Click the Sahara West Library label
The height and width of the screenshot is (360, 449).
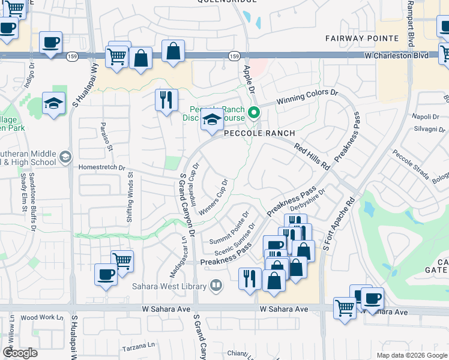pos(169,287)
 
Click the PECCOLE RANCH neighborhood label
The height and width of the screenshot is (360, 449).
pos(259,133)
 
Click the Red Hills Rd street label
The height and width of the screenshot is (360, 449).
pos(312,155)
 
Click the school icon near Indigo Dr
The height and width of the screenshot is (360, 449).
pos(53,103)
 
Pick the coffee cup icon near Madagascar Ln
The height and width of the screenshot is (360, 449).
pos(106,274)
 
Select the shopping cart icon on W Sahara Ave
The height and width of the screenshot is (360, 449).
pos(345,308)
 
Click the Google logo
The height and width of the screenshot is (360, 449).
pos(20,353)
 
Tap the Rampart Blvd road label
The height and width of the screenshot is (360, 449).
pos(411,26)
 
